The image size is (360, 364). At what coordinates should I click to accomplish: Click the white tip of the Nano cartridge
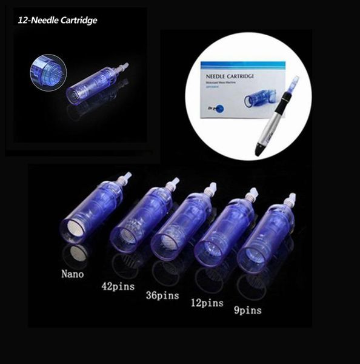click(127, 177)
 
